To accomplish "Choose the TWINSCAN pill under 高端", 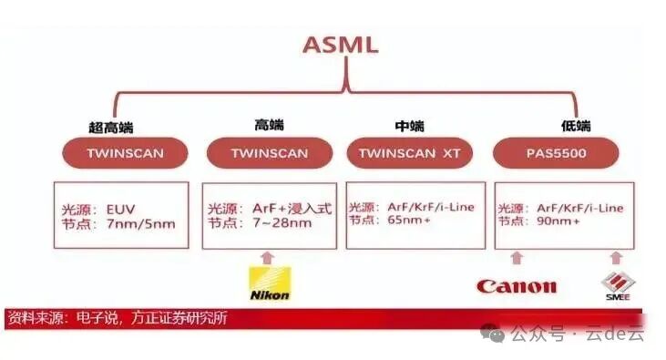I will [x=269, y=153].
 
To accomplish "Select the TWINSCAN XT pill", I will [x=410, y=153].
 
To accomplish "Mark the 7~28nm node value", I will [x=277, y=223].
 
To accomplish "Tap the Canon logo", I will [x=516, y=286].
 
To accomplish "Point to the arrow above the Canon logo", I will [x=517, y=258].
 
